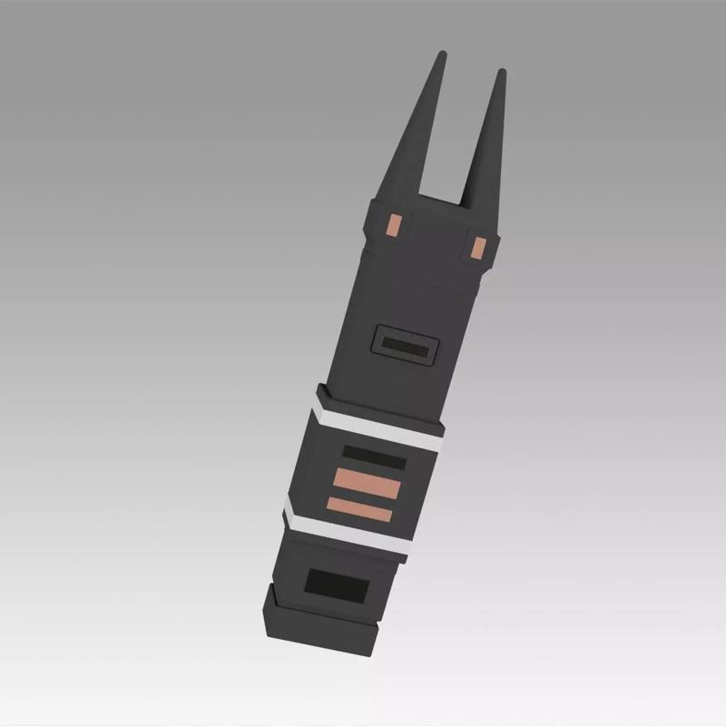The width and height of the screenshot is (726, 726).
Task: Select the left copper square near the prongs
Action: [x=394, y=223]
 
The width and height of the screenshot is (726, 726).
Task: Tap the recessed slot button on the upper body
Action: [x=406, y=346]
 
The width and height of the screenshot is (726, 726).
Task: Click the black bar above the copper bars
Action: [x=374, y=457]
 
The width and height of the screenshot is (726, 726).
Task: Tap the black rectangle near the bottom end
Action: [x=335, y=585]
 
